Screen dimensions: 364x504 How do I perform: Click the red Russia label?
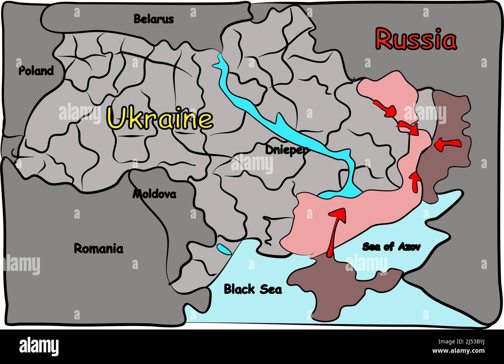point(416,40)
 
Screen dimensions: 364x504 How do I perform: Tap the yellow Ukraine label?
point(160,118)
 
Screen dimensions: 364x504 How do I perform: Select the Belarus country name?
point(154,19)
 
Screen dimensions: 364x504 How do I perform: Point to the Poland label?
point(36,71)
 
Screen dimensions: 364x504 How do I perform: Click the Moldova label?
point(154,194)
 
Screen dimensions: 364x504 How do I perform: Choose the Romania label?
point(98,248)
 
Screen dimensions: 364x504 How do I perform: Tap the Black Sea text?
point(253,289)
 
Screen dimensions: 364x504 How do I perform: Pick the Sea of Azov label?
point(391,247)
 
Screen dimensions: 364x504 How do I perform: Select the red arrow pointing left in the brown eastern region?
point(447,145)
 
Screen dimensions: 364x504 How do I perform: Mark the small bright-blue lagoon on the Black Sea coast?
point(223,249)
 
